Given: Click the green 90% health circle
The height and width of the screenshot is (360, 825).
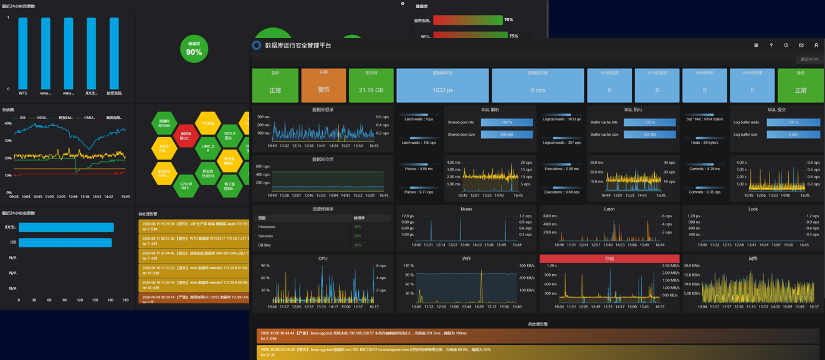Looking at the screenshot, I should point(194,49).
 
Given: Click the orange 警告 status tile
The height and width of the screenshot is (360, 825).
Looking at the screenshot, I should point(323,85).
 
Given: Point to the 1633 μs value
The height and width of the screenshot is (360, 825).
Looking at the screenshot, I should point(442,90).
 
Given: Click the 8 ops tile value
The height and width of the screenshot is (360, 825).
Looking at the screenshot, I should point(538,90).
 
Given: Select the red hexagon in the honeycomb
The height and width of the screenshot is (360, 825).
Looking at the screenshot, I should point(186,135).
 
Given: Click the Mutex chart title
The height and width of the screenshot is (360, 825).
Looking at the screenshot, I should point(466,209).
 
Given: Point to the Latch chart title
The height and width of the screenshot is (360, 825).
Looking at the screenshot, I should point(609,209).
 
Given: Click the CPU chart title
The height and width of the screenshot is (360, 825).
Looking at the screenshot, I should point(323,258).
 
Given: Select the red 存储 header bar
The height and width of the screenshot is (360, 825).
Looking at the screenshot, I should point(609,258).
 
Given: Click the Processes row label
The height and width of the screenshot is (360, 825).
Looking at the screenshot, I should point(267,227).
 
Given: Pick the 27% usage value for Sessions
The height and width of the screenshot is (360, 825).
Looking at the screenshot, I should point(358,236).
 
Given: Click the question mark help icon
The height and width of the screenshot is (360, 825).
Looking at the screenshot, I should point(771,45).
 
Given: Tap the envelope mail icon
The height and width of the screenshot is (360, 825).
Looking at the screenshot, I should point(801,45).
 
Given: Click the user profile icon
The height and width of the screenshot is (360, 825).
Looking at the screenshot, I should point(816,45).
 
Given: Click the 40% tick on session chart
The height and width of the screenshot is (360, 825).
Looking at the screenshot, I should point(8,123).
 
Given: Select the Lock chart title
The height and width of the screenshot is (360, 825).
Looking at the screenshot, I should point(753,209).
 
